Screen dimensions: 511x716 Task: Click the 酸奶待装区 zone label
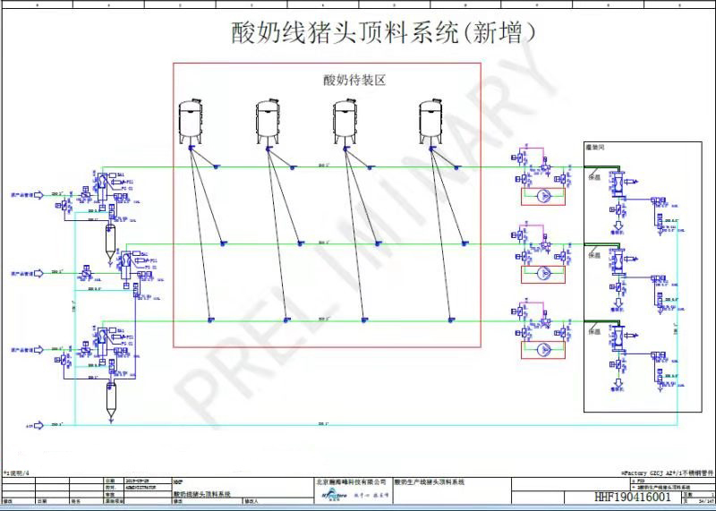pos(354,80)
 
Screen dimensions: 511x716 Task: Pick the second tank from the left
pos(268,123)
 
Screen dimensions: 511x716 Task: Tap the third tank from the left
pos(345,123)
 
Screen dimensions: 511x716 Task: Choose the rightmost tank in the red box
pos(432,123)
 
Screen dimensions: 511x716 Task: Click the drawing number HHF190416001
pos(633,496)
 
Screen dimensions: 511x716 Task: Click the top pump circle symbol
pos(542,196)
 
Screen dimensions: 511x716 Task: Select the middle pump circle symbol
pos(542,273)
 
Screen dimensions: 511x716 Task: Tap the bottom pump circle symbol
pos(542,349)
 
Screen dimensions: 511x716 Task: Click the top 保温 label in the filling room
pos(593,177)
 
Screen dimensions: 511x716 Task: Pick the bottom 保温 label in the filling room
pos(593,331)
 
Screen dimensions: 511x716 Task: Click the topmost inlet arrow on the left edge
pos(38,194)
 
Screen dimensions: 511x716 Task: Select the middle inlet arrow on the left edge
pos(38,273)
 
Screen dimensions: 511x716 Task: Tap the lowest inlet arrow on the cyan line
pos(38,426)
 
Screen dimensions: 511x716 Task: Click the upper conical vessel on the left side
pos(111,242)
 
